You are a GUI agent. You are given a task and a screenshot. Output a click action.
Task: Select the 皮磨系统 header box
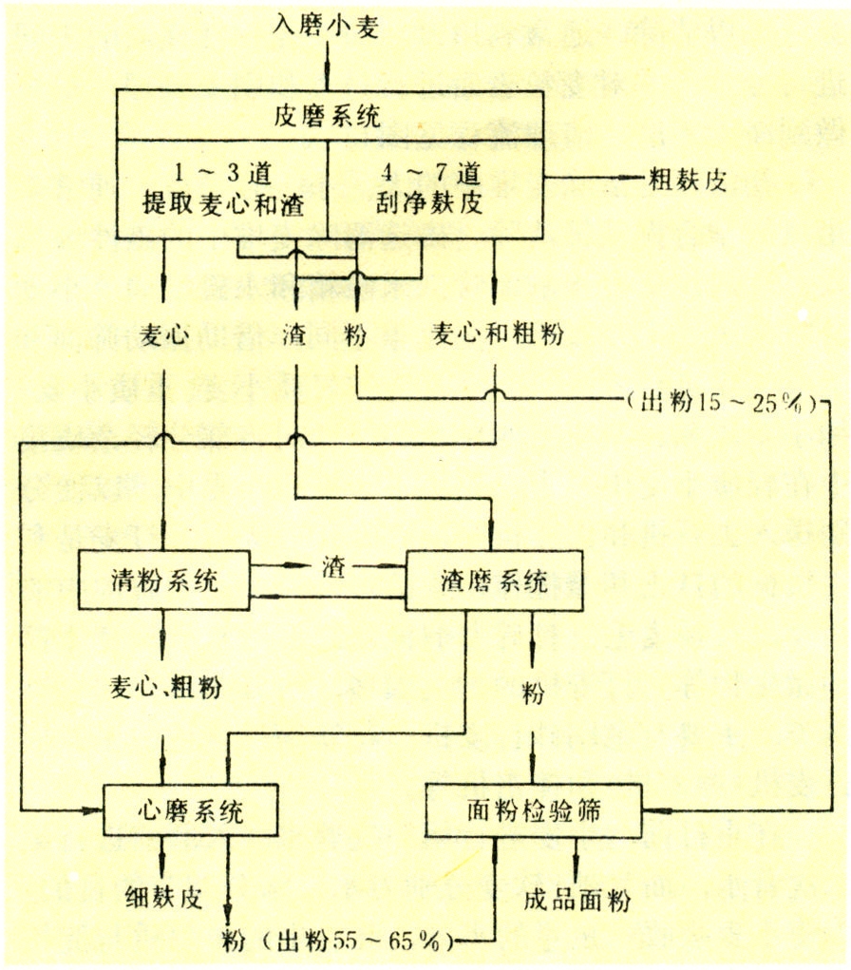click(x=329, y=117)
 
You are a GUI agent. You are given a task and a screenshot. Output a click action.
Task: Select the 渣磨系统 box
click(x=494, y=580)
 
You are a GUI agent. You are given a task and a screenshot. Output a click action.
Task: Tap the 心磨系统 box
click(x=191, y=810)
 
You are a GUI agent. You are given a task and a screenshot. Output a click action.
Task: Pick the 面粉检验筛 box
click(x=534, y=809)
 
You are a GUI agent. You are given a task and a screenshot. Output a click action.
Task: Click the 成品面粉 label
click(x=577, y=900)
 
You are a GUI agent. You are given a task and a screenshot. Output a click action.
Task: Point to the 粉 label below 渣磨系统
click(x=533, y=694)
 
